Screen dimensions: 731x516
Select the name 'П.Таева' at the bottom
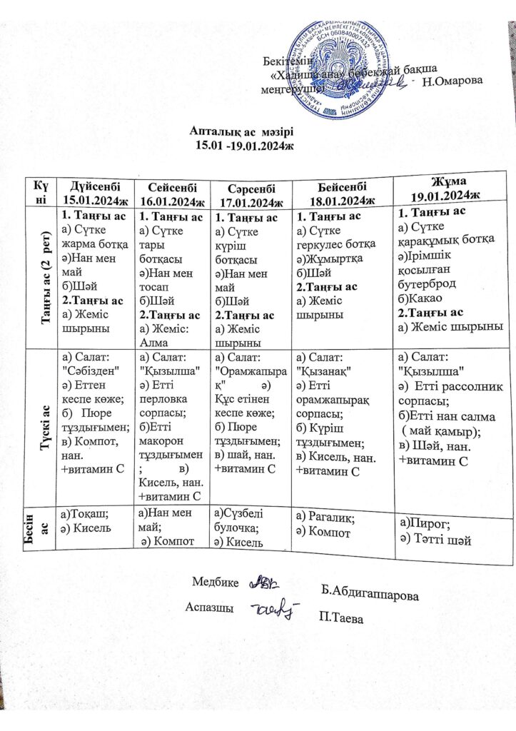tap(342, 618)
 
